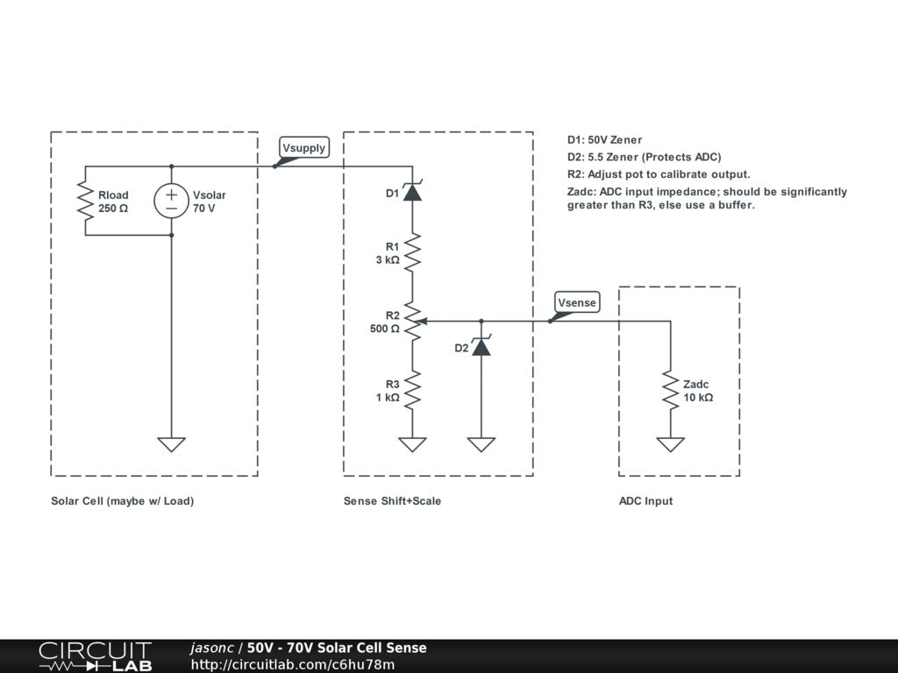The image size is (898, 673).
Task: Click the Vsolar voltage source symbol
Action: click(x=171, y=201)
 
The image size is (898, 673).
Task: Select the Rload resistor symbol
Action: click(x=85, y=201)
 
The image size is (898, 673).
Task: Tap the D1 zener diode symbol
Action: click(x=412, y=192)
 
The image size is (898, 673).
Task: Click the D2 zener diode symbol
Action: click(x=481, y=346)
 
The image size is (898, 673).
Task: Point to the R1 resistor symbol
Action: click(x=412, y=253)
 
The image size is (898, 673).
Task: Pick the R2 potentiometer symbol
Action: click(x=412, y=322)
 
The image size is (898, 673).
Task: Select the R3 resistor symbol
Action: click(x=412, y=390)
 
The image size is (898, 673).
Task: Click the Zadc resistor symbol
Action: click(x=671, y=390)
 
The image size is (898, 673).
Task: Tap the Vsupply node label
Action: click(x=303, y=148)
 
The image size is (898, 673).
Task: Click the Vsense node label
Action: click(x=576, y=303)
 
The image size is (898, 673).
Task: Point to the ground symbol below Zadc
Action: click(x=671, y=444)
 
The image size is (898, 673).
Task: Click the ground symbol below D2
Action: click(x=481, y=444)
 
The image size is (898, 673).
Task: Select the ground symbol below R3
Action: click(x=412, y=444)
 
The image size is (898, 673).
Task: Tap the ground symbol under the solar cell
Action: click(x=171, y=444)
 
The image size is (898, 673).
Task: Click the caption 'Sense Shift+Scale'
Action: click(x=392, y=501)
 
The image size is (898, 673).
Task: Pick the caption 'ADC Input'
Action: click(x=645, y=501)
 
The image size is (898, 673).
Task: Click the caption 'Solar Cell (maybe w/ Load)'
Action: click(x=122, y=501)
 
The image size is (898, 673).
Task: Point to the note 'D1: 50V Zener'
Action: click(x=604, y=140)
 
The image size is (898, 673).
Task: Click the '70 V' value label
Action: click(x=204, y=209)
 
